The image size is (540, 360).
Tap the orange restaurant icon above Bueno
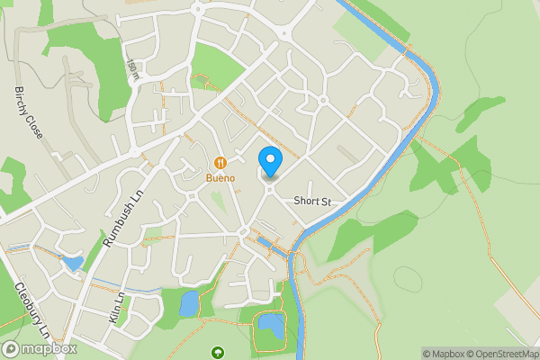point(220,163)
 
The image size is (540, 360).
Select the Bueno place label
point(220,178)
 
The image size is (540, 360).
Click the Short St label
point(313,202)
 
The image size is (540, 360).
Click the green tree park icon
point(216,352)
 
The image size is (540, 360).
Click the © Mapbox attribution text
point(444,353)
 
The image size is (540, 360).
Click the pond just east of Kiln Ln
point(188,304)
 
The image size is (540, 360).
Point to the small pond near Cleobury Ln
point(72,264)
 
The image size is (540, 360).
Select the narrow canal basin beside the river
point(267,244)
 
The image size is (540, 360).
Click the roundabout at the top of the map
point(284,34)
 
